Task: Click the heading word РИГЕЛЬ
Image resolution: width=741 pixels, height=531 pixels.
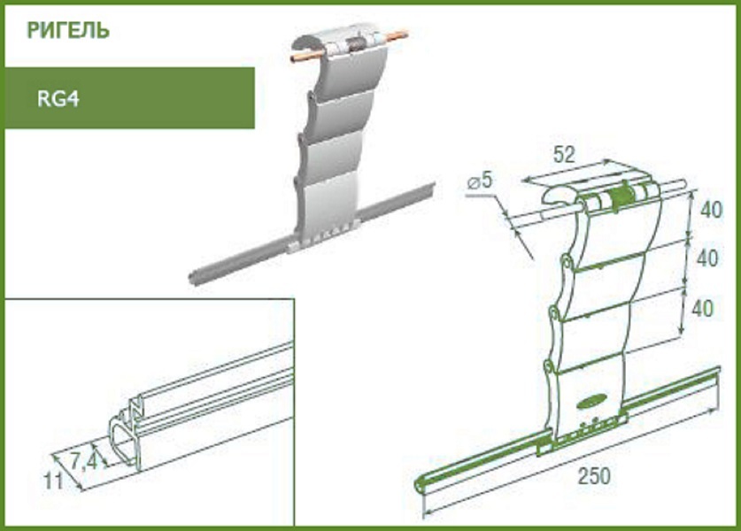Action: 68,30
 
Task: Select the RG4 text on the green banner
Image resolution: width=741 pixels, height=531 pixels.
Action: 58,99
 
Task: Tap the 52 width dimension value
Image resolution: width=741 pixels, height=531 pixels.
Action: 564,155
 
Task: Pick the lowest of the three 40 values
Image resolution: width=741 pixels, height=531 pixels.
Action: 702,309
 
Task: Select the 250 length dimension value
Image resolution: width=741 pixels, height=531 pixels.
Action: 594,476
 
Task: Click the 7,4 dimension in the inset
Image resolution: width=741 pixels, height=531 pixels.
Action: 85,462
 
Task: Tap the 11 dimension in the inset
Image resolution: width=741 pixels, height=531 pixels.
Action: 53,481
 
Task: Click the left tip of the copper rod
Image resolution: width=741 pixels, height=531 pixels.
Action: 292,58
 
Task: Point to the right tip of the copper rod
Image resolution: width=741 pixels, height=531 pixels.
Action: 405,33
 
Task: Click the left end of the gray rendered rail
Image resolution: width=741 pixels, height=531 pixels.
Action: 191,276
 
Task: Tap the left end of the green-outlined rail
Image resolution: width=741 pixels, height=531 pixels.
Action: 419,485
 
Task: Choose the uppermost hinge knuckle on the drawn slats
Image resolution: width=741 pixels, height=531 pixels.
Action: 566,261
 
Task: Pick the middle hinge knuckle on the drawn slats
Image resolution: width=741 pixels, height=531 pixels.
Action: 554,313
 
